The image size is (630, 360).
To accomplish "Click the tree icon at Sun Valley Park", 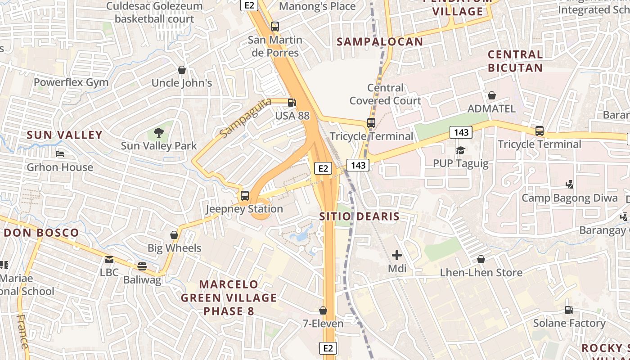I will tap(158, 132).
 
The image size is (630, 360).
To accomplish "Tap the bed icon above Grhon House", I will tap(60, 154).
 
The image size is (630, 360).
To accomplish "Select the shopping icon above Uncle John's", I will tap(182, 70).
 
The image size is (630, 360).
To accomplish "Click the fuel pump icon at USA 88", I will tap(292, 102).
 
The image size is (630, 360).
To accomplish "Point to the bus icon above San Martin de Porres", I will tap(275, 27).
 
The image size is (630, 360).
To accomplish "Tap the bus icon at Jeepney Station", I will tap(245, 196).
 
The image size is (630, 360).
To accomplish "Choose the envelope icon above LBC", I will tap(109, 259).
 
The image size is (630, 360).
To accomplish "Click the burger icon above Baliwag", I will tap(142, 266).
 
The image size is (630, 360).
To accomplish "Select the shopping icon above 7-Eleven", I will tap(323, 310).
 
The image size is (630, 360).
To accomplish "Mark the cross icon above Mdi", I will tap(397, 255).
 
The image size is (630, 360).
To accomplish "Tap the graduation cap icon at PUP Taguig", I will tap(460, 150).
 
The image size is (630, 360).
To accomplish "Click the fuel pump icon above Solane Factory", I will tap(569, 310).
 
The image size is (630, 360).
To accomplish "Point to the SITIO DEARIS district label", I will tap(359, 216).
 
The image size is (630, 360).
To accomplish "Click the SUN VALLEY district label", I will tap(65, 135).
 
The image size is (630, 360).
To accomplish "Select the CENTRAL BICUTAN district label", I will tap(515, 61).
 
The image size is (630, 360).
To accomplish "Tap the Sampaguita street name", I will tap(246, 117).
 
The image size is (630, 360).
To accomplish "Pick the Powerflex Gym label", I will tap(71, 82).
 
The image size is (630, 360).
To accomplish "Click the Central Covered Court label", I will tap(385, 94).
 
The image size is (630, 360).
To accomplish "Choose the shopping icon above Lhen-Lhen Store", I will tap(481, 259).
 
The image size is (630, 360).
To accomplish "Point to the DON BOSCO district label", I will tap(41, 233).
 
